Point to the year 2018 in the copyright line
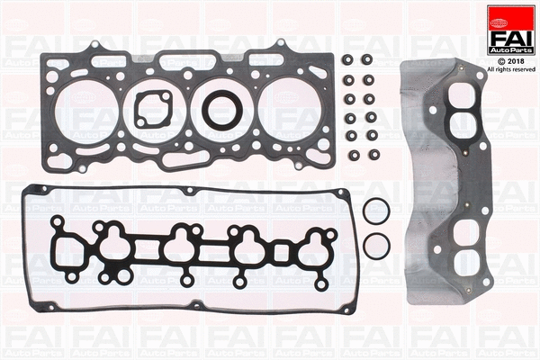point(517,59)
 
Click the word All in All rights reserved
point(490,68)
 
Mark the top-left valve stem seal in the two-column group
point(349,61)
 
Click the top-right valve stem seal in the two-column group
point(368,61)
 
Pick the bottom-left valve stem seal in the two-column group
point(349,137)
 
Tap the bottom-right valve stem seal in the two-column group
point(368,137)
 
